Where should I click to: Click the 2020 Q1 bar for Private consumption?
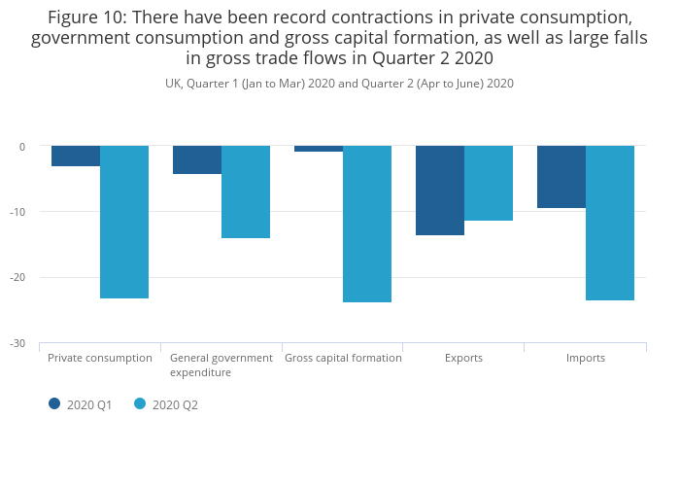click(76, 157)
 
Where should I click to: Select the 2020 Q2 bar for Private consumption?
click(124, 222)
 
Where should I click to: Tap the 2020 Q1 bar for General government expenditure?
click(197, 160)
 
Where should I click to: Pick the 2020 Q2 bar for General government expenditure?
click(246, 192)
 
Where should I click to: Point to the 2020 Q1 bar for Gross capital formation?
click(319, 149)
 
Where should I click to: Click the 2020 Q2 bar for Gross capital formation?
click(367, 224)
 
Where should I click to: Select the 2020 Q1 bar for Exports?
click(440, 191)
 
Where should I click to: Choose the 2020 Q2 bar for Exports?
click(489, 184)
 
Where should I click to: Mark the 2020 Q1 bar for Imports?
click(561, 177)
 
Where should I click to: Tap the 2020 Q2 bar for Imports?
click(610, 223)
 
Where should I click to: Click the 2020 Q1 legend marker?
click(54, 404)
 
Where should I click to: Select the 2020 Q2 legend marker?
click(140, 404)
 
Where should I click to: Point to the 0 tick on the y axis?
click(21, 147)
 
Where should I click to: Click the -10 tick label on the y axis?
click(17, 212)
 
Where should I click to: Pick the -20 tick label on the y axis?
click(17, 278)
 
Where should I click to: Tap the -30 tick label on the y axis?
click(17, 343)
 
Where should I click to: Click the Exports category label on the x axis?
click(463, 358)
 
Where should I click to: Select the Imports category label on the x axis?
click(586, 358)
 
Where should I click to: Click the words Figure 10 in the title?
click(85, 17)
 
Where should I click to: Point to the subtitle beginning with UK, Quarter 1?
click(339, 84)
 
